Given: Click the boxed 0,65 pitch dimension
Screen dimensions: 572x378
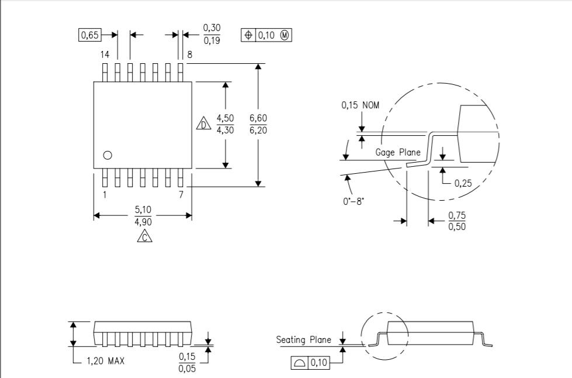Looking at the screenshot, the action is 90,35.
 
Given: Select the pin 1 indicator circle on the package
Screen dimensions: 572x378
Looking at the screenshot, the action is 108,155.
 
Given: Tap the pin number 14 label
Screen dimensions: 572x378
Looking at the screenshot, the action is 105,55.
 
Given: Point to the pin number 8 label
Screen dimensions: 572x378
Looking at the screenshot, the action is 190,55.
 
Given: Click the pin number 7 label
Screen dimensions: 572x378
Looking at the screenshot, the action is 181,195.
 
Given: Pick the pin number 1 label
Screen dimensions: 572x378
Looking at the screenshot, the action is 105,195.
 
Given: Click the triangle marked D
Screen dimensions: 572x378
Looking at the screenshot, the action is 203,123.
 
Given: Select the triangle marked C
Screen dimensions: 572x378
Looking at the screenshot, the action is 145,236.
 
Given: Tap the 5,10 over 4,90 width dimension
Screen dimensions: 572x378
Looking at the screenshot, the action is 143,215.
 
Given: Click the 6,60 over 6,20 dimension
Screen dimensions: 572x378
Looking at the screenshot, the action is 258,124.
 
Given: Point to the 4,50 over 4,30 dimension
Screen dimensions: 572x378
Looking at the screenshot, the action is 226,124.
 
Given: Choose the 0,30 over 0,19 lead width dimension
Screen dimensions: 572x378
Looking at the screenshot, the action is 212,34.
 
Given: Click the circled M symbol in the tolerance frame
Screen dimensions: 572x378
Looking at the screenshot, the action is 285,35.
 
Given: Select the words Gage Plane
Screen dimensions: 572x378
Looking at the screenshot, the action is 398,152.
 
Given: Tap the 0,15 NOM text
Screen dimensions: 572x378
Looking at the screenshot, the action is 360,105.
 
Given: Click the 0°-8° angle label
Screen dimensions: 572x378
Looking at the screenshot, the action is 353,201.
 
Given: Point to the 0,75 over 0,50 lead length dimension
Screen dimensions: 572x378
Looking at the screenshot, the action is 457,221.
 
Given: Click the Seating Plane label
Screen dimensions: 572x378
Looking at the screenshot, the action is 303,339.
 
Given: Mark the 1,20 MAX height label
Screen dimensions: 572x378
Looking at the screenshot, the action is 105,361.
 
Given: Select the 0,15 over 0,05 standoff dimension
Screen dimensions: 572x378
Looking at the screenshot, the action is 187,362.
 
